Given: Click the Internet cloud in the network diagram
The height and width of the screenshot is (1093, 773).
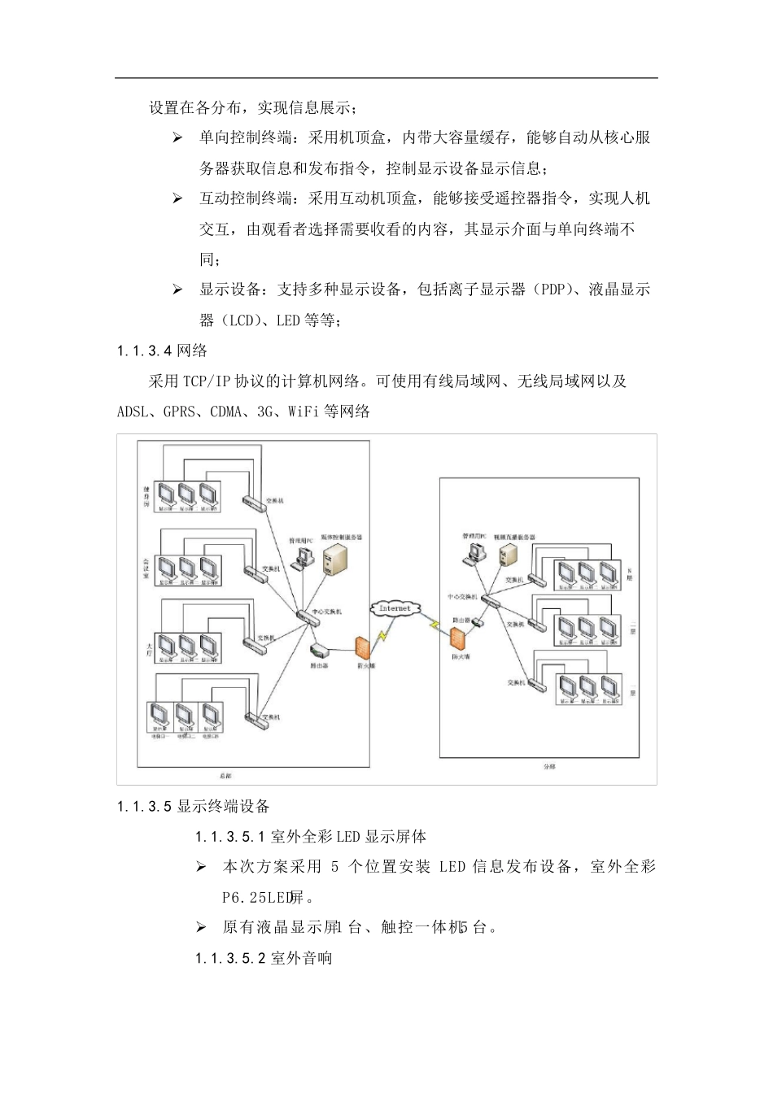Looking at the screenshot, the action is [x=395, y=608].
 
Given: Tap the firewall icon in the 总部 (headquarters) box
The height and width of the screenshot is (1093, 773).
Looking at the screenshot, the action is [x=364, y=649].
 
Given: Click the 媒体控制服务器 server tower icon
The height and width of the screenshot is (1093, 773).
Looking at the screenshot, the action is [x=334, y=560].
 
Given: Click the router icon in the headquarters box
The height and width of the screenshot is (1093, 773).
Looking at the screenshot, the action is [x=319, y=650].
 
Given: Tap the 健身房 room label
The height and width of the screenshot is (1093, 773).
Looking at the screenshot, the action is [x=146, y=497].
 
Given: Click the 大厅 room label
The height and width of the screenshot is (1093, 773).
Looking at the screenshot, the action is [x=149, y=647].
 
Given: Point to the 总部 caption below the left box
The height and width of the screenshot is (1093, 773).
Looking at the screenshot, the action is [x=225, y=776].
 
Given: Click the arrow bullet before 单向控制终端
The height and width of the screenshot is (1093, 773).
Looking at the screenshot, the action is [x=177, y=138].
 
